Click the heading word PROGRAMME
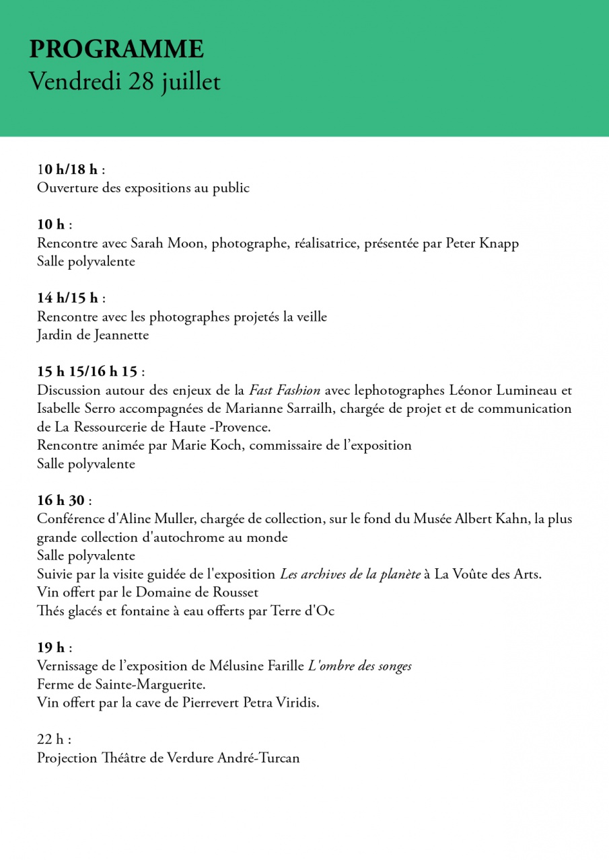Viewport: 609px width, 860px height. click(116, 50)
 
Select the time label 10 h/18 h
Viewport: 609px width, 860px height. click(67, 169)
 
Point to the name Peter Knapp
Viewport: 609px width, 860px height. click(482, 243)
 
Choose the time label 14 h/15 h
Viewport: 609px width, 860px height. click(67, 298)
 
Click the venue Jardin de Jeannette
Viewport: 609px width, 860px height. click(93, 335)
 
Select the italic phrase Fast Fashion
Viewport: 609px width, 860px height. click(285, 390)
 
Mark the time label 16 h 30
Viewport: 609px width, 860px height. click(61, 500)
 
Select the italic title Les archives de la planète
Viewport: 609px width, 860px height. click(350, 574)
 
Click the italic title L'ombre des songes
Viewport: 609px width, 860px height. click(360, 666)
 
